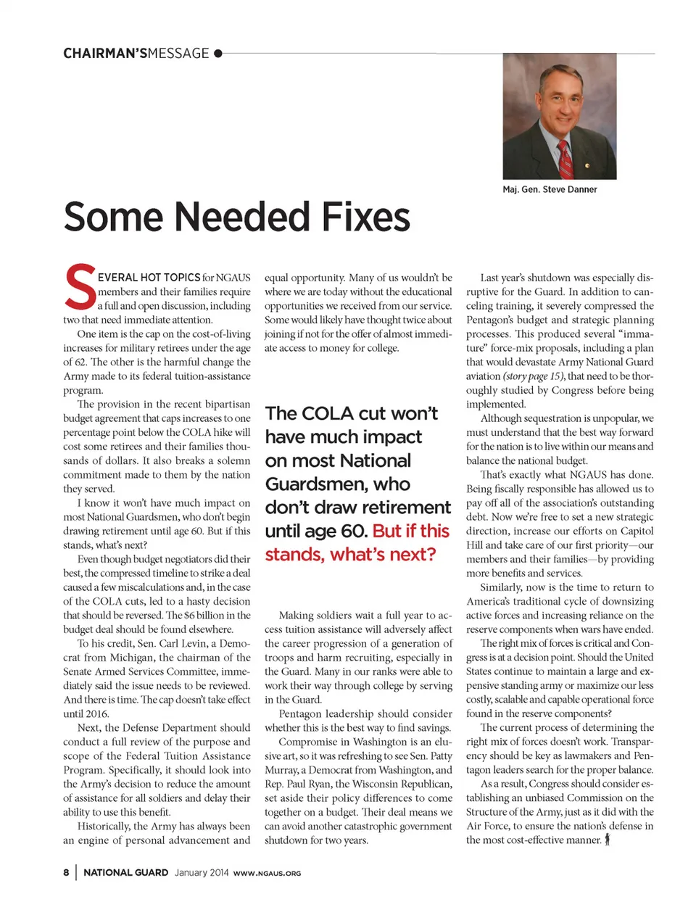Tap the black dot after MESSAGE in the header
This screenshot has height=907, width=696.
click(x=218, y=53)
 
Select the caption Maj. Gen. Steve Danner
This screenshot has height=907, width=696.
click(x=550, y=189)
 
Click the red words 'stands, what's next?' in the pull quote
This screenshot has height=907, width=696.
click(x=350, y=555)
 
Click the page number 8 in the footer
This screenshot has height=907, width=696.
click(x=66, y=872)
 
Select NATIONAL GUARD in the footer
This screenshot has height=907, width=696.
click(x=126, y=872)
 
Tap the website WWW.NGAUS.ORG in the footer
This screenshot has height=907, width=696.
click(x=267, y=873)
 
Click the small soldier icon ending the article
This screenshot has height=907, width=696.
click(x=608, y=840)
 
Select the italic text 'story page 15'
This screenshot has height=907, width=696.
click(x=534, y=376)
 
